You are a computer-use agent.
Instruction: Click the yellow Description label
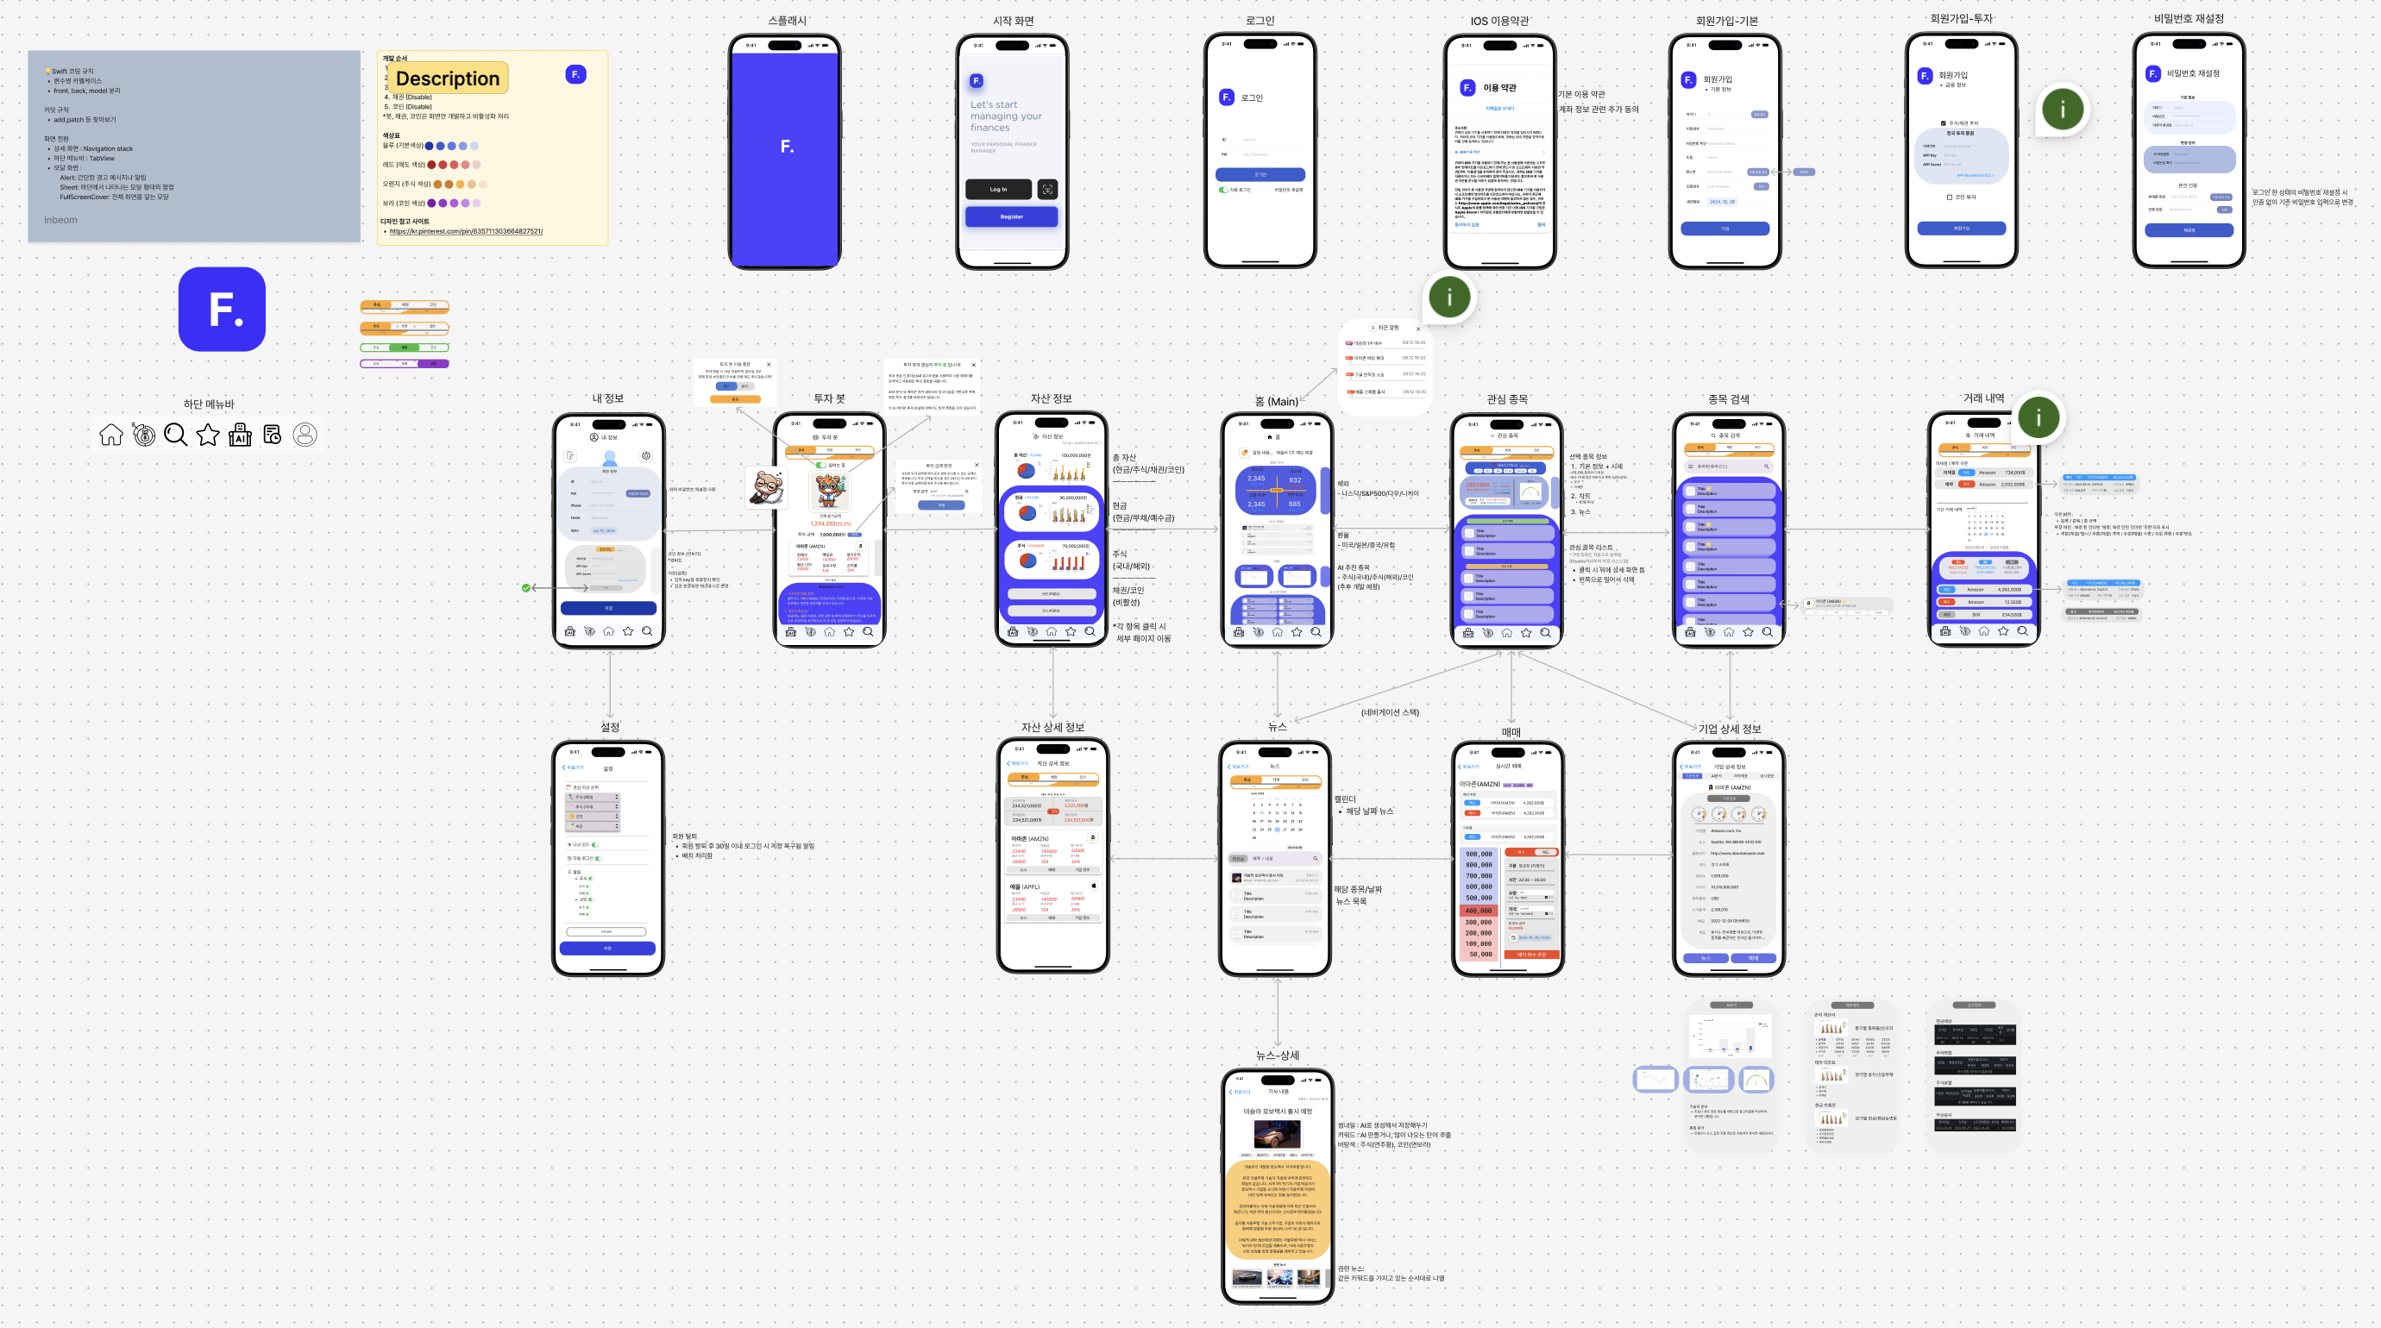(448, 78)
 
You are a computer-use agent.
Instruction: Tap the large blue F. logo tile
(222, 309)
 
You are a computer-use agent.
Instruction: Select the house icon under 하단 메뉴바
(111, 435)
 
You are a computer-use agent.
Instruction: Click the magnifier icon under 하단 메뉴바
(174, 435)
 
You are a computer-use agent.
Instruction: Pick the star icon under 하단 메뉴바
(208, 435)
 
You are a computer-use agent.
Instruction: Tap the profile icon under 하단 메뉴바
(305, 435)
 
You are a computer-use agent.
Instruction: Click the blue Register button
(1011, 216)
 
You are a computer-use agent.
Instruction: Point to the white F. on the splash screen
(787, 146)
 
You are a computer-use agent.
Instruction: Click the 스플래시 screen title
(787, 21)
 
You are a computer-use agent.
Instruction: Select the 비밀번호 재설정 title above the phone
(2188, 18)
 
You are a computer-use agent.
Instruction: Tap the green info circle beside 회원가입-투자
(2062, 109)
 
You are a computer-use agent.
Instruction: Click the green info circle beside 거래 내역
(2038, 417)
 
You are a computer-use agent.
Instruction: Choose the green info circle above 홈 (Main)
(1449, 297)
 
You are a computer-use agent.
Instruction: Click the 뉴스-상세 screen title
(1278, 1055)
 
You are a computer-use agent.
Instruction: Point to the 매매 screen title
(1511, 732)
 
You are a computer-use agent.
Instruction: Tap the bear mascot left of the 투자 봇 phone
(767, 486)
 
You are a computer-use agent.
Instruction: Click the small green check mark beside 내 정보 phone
(526, 588)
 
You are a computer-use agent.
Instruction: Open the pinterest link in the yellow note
(466, 231)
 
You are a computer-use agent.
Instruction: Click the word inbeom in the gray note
(61, 220)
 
